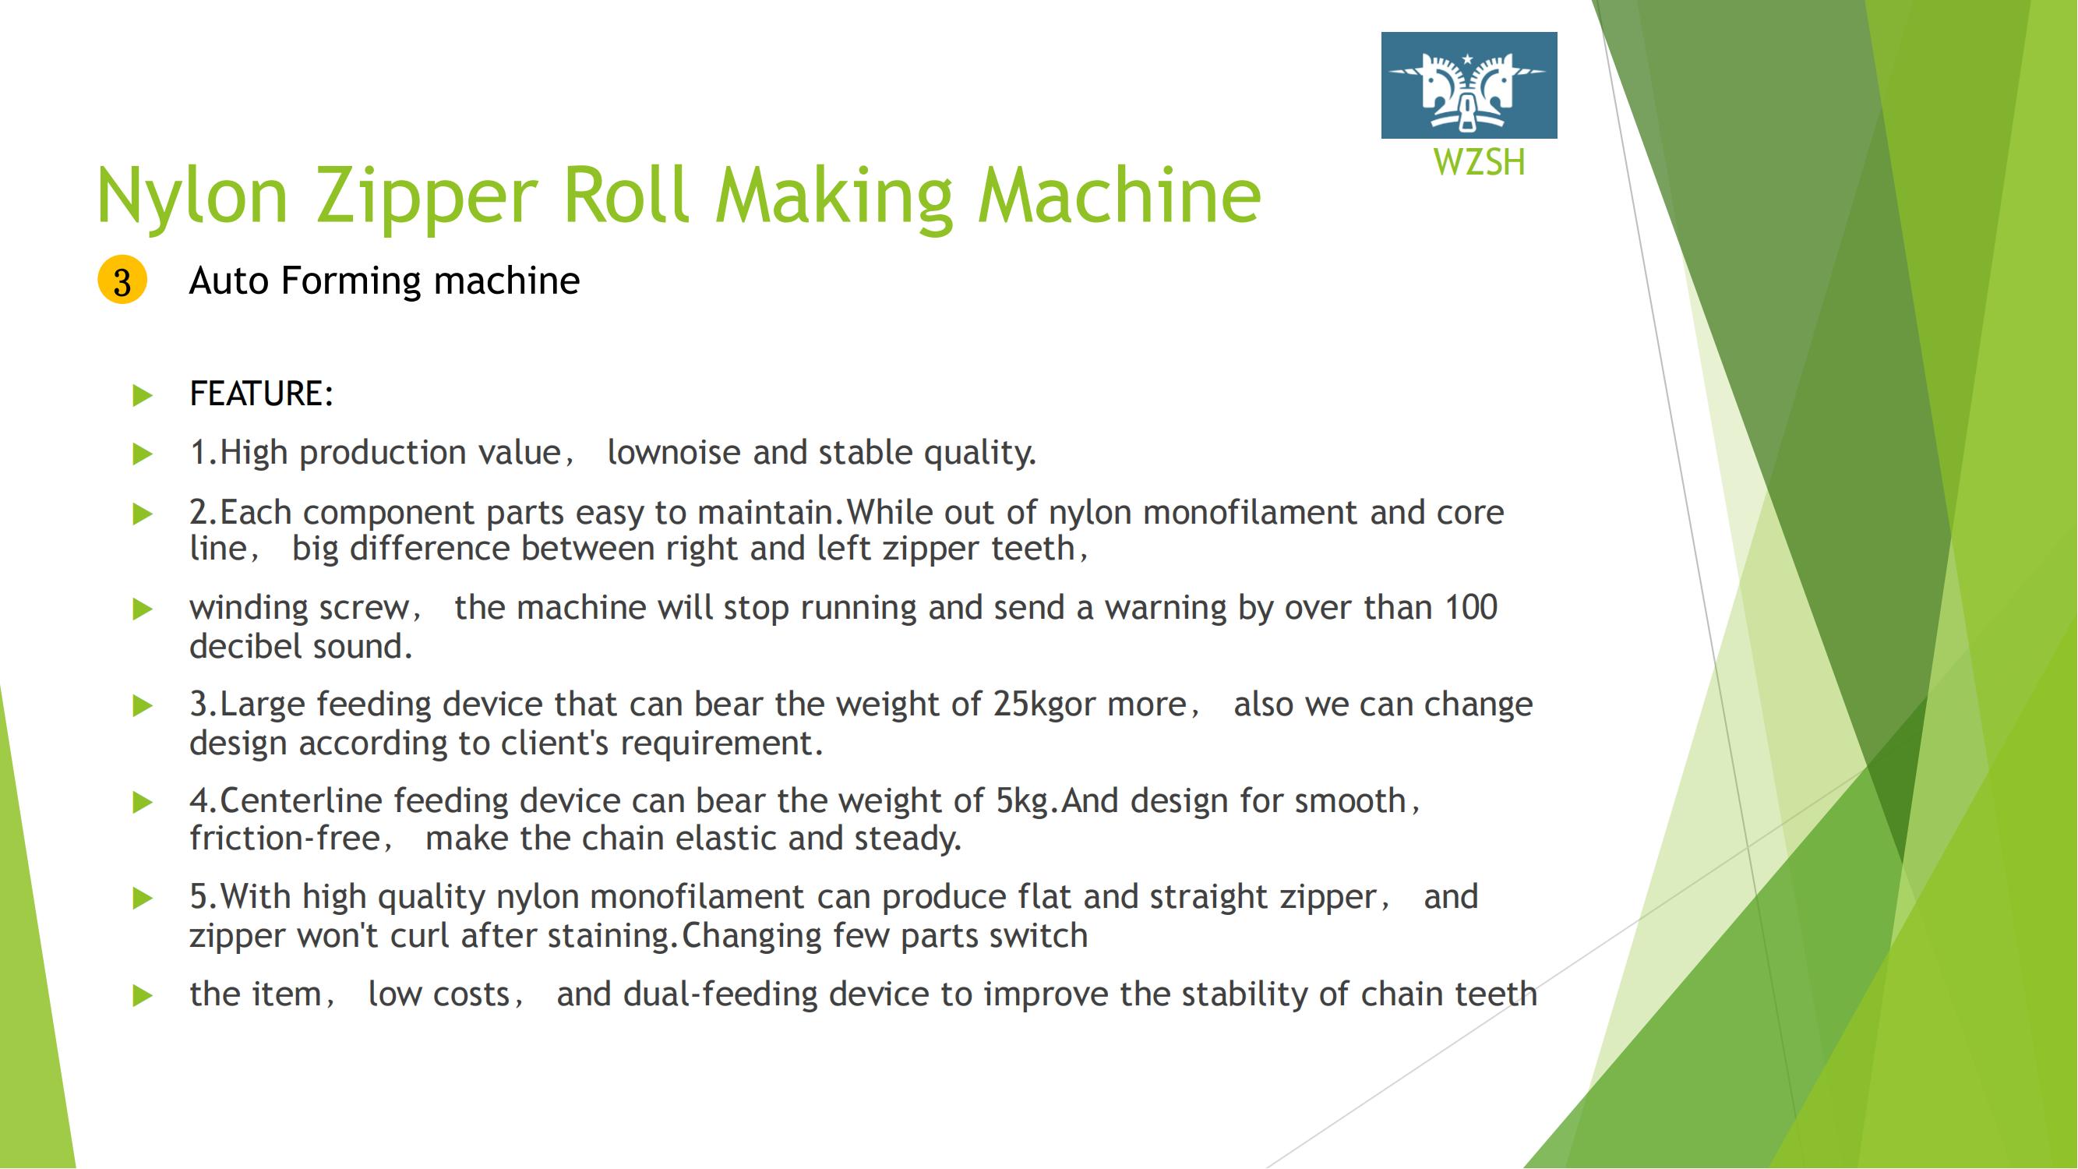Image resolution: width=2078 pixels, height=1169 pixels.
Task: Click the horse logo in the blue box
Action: click(1468, 86)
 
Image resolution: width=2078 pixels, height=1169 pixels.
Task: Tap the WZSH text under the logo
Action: click(1480, 162)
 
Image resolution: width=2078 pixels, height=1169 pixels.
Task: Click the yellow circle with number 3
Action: click(122, 281)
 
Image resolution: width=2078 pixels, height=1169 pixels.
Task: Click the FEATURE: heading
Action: click(261, 394)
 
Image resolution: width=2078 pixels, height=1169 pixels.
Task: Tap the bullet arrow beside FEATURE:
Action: click(143, 395)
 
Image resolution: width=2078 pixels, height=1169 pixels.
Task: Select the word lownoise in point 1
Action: click(673, 452)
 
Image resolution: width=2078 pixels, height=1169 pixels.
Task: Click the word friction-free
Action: click(284, 838)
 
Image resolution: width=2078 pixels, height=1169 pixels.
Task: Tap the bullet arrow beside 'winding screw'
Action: click(143, 609)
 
